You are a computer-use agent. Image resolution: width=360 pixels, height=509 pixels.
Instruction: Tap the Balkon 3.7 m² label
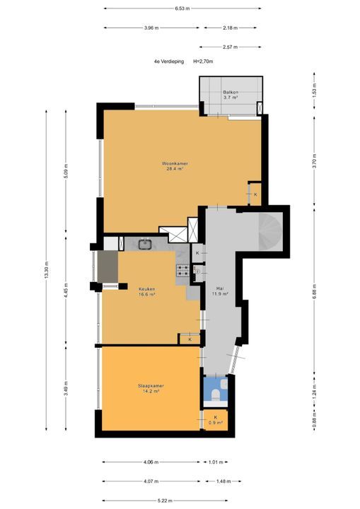pos(231,95)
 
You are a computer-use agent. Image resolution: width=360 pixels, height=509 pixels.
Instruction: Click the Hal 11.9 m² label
pos(220,291)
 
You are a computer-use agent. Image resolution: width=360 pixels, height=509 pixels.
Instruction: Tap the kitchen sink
pos(145,244)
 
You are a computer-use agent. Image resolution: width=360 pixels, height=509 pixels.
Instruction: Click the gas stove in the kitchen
pos(182,270)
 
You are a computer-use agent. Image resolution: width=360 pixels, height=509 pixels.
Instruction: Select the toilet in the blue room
pos(216,394)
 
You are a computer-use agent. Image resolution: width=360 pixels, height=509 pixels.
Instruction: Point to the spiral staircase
pos(270,231)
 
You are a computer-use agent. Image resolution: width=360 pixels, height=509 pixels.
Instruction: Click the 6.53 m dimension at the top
pos(182,8)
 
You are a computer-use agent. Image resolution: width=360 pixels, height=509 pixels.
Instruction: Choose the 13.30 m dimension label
pos(46,270)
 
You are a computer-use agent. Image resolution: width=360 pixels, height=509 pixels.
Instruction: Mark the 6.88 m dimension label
pos(314,291)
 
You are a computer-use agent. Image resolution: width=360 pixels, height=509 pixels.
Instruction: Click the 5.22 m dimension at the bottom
pos(165,501)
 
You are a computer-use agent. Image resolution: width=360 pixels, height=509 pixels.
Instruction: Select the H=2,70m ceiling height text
pos(203,62)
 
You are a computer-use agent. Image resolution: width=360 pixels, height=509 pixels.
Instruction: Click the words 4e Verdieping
pos(169,62)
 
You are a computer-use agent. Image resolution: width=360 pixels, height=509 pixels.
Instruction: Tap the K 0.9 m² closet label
pos(216,420)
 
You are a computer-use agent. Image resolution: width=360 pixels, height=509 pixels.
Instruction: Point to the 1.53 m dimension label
pos(314,90)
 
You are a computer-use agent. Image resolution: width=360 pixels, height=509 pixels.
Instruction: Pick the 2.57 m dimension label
pos(230,47)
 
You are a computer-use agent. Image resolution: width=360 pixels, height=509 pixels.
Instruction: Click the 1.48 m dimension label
pos(223,481)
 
